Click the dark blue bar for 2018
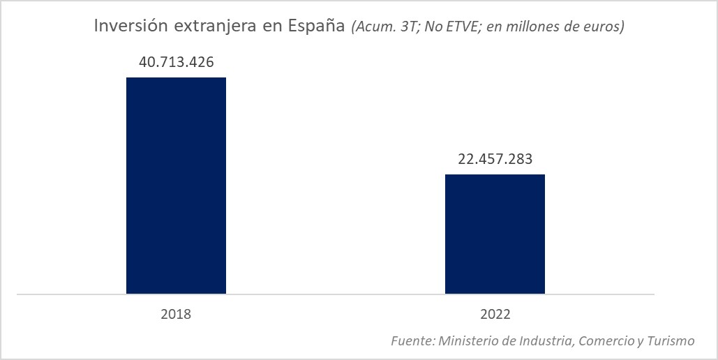176,186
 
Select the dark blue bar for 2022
495,234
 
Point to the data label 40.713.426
176,62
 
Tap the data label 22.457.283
495,159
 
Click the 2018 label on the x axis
176,315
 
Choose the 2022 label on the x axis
495,315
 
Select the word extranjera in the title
202,27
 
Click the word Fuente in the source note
412,341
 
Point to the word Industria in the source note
544,341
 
